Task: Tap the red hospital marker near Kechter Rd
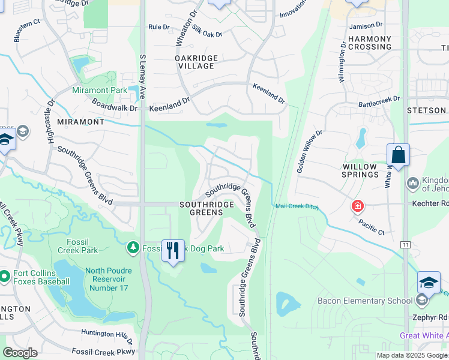[x=358, y=206]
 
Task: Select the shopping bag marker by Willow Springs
[x=398, y=155]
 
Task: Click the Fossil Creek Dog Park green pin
[x=132, y=247]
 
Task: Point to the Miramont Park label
[x=100, y=90]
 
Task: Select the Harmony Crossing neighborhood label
[x=370, y=43]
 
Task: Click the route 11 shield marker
[x=406, y=245]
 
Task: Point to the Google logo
[x=20, y=353]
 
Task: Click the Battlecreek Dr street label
[x=379, y=101]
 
